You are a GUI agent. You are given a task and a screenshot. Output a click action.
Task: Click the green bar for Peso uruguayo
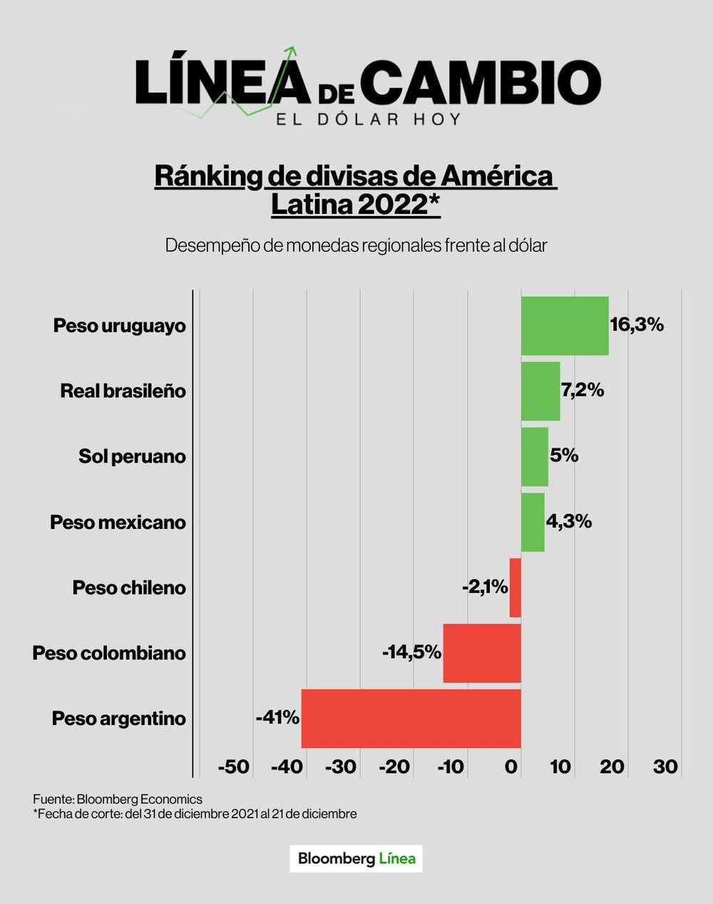tap(564, 326)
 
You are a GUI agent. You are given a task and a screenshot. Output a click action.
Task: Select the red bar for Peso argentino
tap(411, 719)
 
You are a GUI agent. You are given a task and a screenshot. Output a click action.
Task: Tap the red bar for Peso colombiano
tap(482, 653)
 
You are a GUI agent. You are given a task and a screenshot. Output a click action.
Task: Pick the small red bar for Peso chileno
tap(515, 587)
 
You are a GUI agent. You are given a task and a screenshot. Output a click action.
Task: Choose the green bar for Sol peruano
tap(534, 456)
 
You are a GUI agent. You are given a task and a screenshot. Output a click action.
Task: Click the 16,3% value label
tap(637, 325)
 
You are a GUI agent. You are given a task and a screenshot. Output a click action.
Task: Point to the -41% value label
tap(277, 717)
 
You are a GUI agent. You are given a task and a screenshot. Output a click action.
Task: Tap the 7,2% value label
tap(583, 390)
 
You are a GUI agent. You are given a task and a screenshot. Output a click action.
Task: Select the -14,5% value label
tap(411, 652)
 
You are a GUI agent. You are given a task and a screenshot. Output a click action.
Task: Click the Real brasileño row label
tap(123, 391)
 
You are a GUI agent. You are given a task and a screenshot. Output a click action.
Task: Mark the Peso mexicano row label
tap(118, 522)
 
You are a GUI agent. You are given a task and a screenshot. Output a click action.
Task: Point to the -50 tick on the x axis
tap(234, 767)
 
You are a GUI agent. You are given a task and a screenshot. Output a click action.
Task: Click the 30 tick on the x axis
tap(665, 767)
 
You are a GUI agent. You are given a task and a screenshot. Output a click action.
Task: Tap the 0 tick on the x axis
tap(511, 767)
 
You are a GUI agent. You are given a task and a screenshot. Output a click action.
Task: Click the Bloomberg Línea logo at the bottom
tap(356, 858)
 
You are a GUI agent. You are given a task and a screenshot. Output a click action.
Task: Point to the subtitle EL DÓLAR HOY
tap(369, 119)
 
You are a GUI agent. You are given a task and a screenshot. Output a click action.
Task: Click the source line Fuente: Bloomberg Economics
tap(118, 799)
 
